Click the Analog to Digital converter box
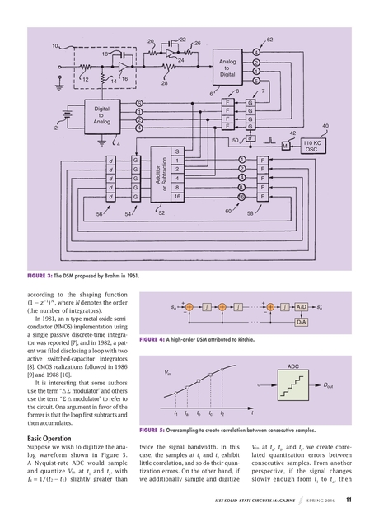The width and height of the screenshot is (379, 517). click(227, 68)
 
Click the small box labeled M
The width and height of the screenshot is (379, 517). click(285, 145)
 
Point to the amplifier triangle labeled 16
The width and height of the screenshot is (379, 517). click(122, 65)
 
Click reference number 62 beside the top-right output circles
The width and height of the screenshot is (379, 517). click(270, 40)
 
